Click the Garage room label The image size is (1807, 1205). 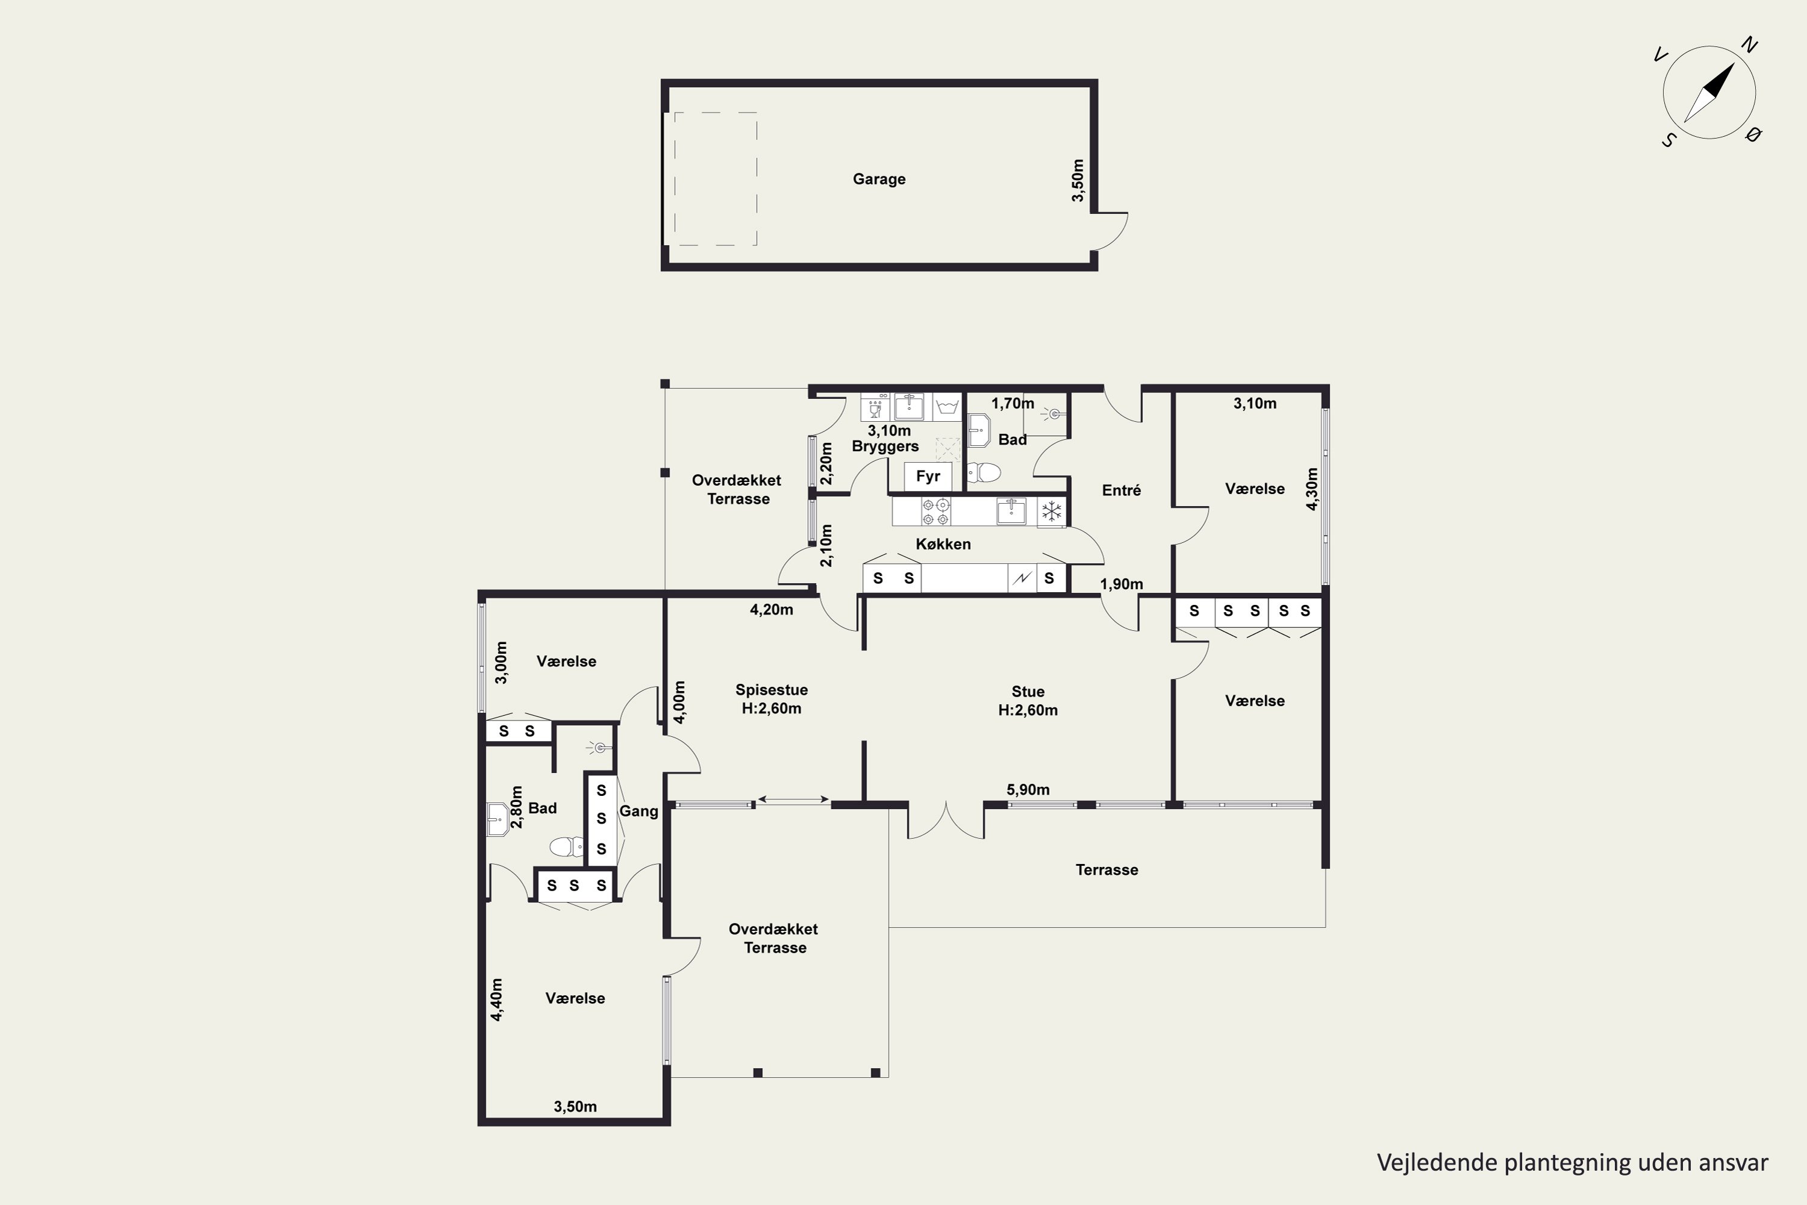[x=879, y=179]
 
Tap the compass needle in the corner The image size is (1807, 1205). [x=1709, y=92]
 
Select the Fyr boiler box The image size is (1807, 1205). [x=928, y=477]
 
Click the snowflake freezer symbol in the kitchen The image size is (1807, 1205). [x=1052, y=511]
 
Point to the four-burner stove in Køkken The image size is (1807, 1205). [x=936, y=512]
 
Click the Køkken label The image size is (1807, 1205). [x=943, y=544]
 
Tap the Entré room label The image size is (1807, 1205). [x=1121, y=490]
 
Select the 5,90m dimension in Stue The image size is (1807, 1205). [x=1028, y=789]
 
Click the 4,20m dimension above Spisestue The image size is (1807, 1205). [x=772, y=609]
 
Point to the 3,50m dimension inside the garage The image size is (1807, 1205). [x=1078, y=181]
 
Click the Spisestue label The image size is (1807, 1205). [x=772, y=690]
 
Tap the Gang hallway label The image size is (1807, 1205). [x=638, y=811]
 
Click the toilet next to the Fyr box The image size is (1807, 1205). [x=984, y=472]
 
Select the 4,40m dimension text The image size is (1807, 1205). [x=496, y=999]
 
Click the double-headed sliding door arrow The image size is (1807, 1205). [x=793, y=800]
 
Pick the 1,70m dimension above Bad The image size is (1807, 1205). [x=1013, y=404]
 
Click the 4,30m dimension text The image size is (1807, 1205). [x=1312, y=489]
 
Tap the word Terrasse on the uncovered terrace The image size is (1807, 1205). [x=1106, y=870]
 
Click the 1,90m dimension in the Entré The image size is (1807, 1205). [x=1121, y=584]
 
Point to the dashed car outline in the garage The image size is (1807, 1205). [x=716, y=179]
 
